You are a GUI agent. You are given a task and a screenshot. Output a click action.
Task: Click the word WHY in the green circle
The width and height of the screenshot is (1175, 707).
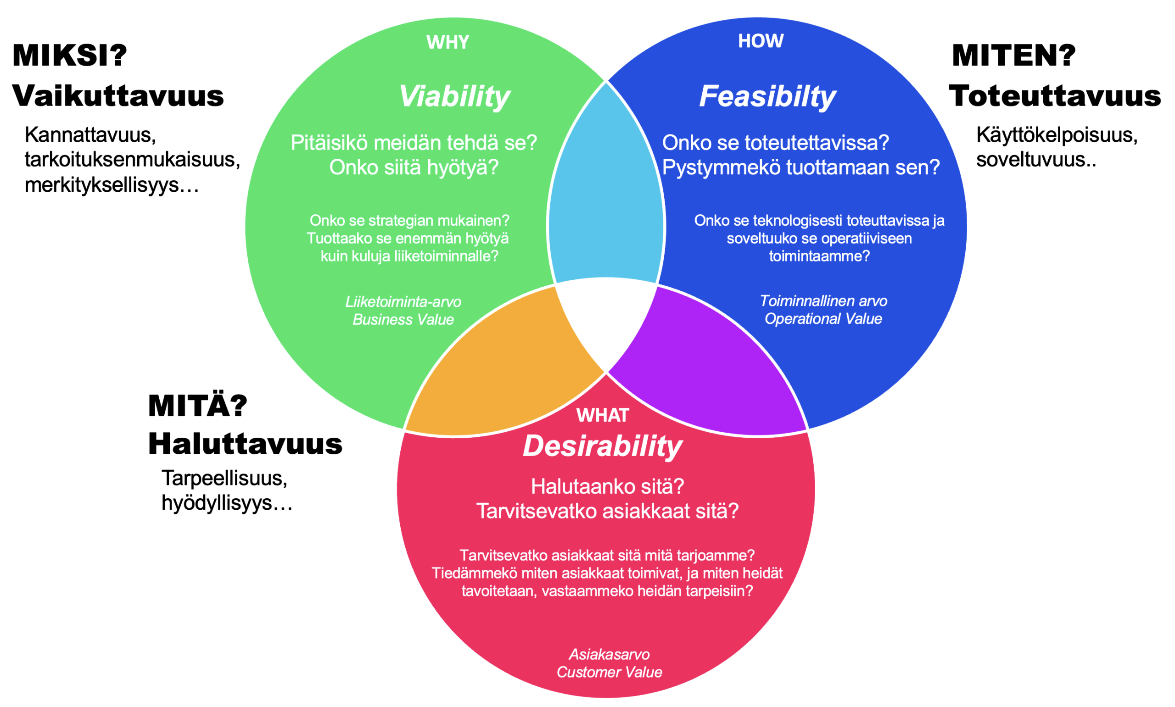[448, 42]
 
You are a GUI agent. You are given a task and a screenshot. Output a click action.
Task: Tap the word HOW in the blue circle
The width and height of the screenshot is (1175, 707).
[761, 41]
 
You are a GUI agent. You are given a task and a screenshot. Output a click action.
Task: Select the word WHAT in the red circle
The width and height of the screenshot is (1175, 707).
[602, 415]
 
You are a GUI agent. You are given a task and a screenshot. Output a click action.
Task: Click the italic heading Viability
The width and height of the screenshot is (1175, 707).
[453, 97]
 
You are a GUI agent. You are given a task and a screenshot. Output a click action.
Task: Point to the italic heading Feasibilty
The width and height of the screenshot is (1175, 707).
[767, 97]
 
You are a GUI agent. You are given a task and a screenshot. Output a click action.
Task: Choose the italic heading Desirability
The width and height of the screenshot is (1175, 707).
[602, 446]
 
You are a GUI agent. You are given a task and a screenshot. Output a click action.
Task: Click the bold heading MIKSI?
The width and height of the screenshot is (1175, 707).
[70, 56]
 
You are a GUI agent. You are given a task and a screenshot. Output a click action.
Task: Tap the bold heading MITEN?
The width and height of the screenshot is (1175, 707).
[1013, 56]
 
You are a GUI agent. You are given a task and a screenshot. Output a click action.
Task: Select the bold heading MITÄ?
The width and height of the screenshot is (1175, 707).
[198, 406]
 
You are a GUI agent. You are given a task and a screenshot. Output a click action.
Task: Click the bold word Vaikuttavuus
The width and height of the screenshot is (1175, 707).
[117, 96]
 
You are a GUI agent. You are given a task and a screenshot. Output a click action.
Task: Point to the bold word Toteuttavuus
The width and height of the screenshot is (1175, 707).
[1054, 96]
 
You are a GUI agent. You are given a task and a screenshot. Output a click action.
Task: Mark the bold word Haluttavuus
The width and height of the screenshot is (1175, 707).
[245, 444]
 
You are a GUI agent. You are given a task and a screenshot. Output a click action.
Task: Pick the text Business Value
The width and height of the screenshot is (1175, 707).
[403, 320]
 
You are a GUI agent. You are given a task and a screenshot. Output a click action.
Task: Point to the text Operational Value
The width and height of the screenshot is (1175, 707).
[823, 319]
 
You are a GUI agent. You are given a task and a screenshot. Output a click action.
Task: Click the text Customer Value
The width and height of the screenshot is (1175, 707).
[609, 672]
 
